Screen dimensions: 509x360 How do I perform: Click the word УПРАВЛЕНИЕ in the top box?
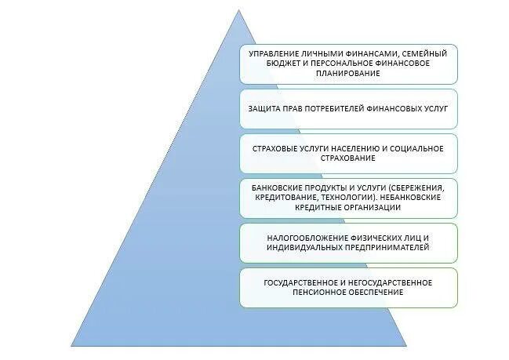271,53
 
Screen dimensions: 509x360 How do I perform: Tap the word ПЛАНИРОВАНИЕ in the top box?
348,73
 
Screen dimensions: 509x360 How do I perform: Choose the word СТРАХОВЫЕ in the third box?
274,148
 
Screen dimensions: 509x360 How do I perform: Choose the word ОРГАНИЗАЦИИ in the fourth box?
371,208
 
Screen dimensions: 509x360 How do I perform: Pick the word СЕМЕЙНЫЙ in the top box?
427,53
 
